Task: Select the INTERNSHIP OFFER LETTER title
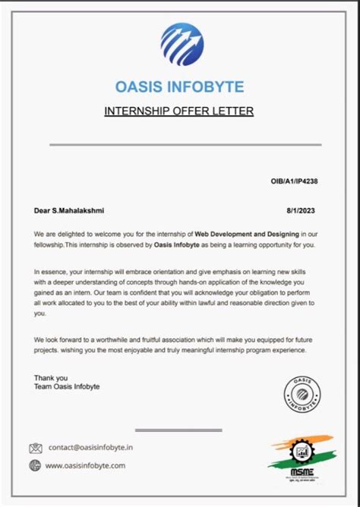pos(178,112)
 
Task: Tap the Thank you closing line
pos(51,377)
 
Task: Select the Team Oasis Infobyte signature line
pos(67,387)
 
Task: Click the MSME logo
pos(302,454)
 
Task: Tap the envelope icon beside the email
pos(35,448)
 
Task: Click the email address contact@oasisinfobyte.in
pos(90,448)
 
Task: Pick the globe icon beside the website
pos(35,465)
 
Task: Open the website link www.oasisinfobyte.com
pos(85,465)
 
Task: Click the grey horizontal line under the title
pos(185,143)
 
